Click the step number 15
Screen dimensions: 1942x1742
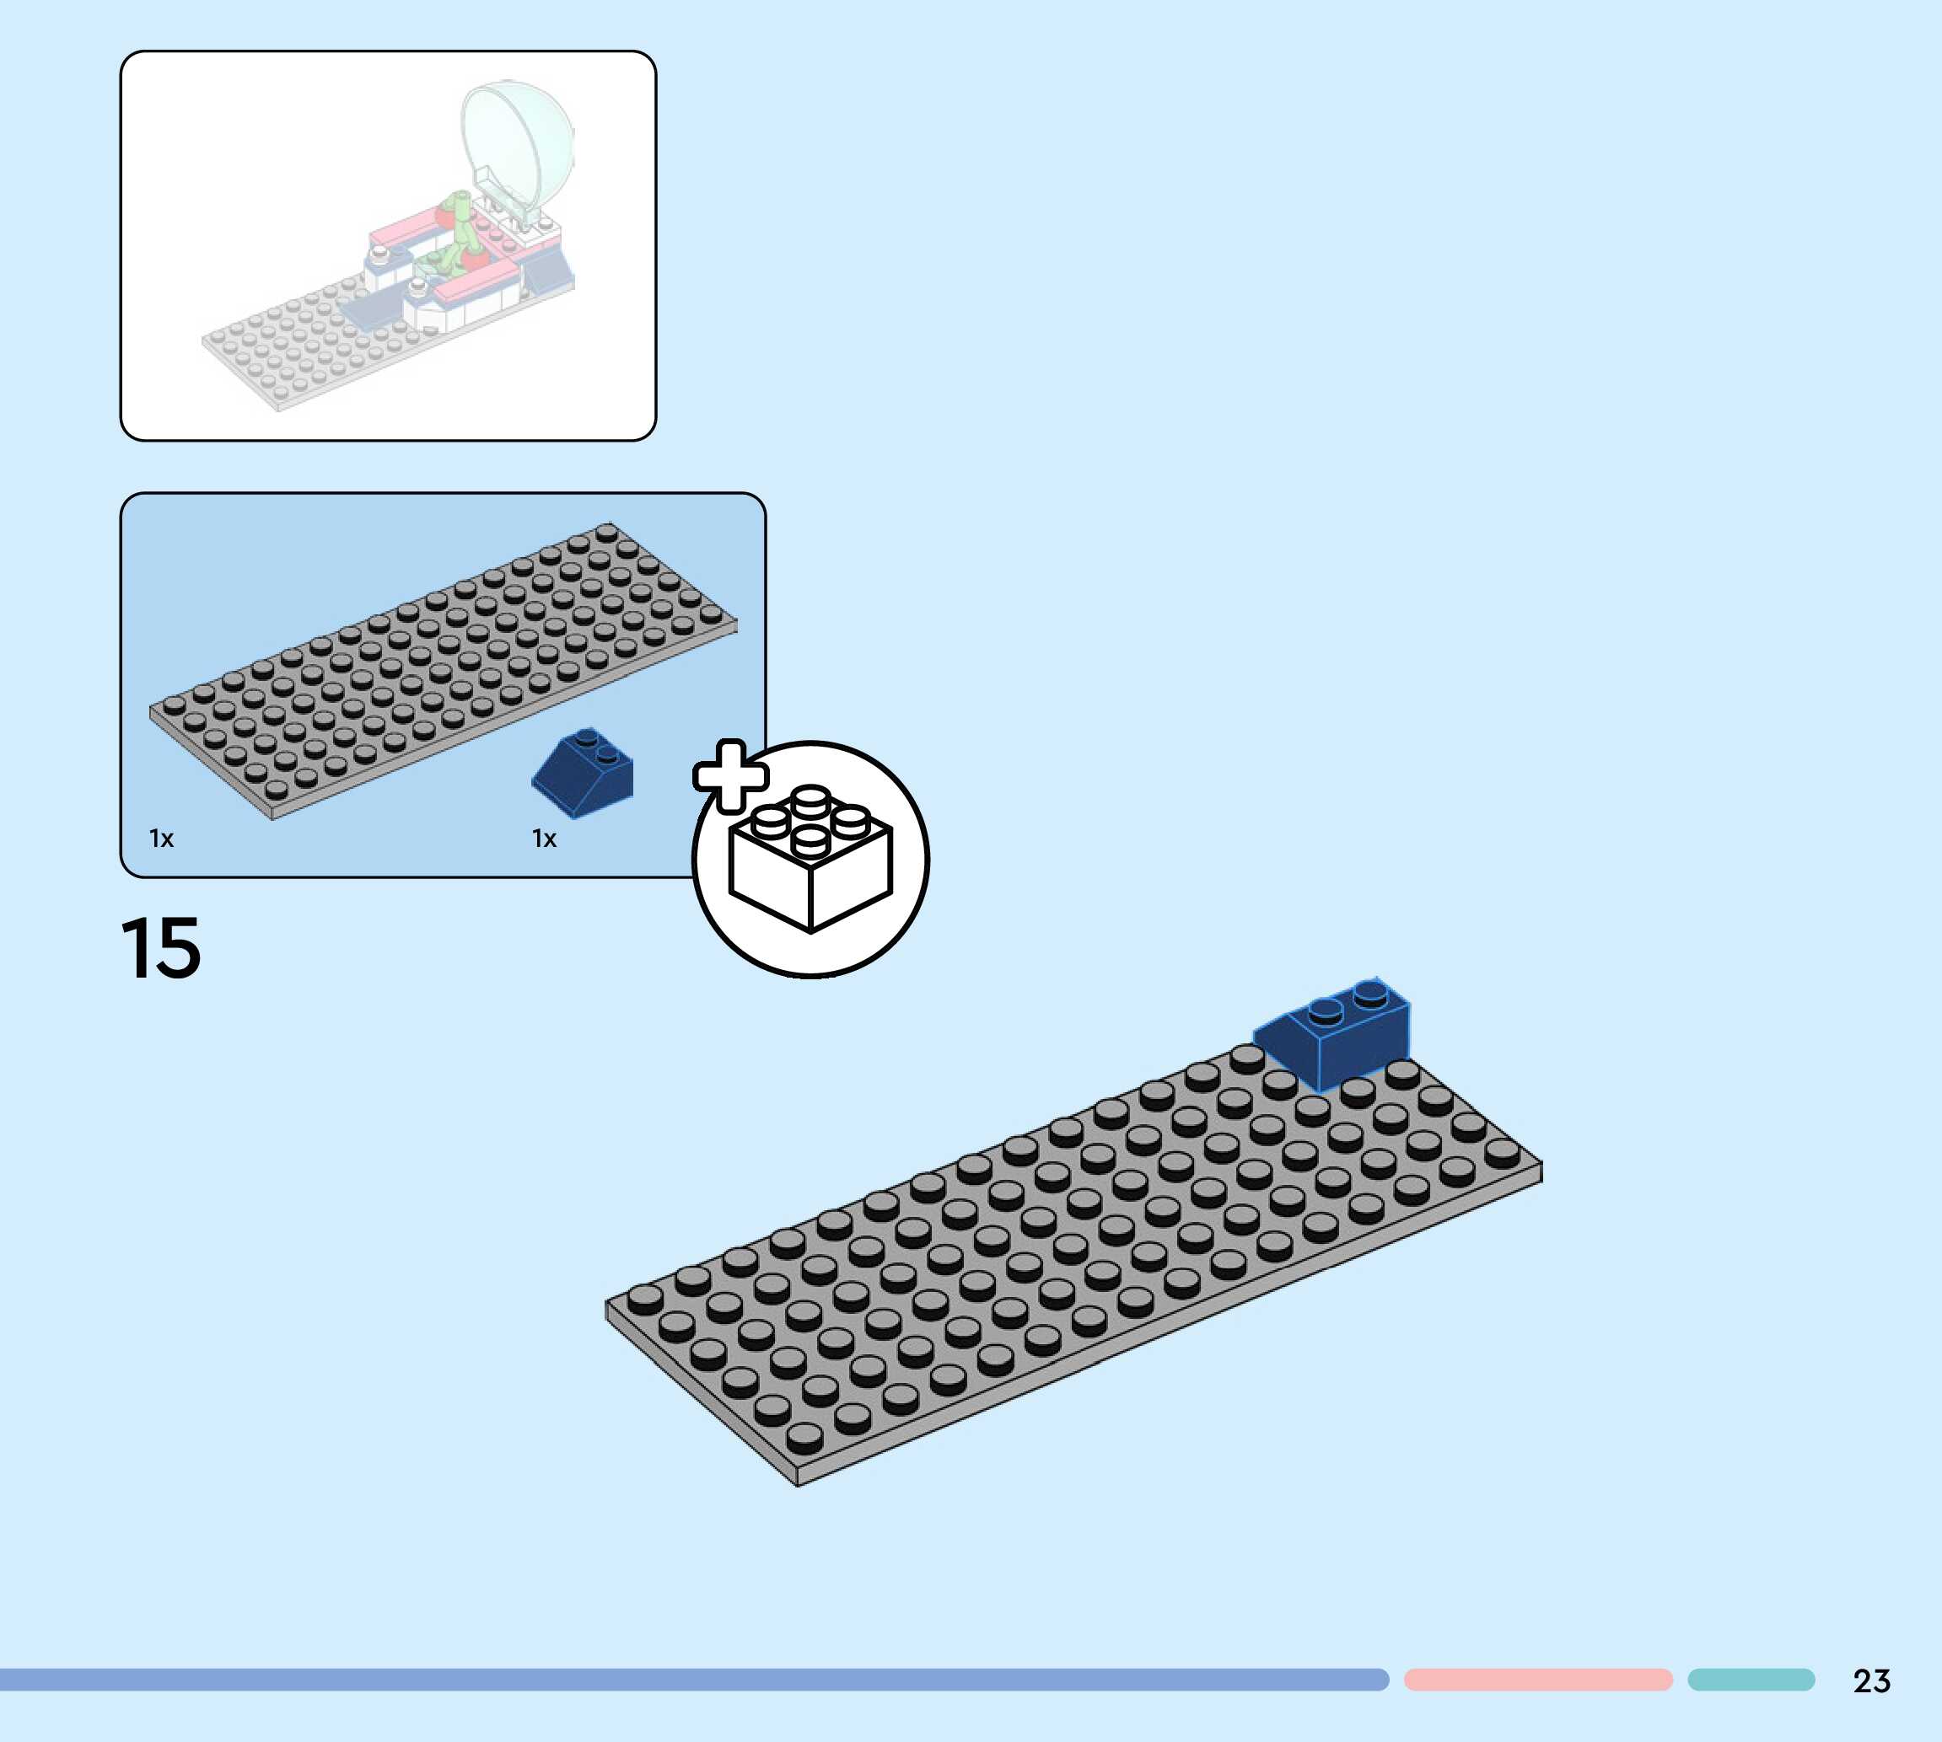point(161,947)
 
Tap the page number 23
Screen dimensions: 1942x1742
point(1871,1680)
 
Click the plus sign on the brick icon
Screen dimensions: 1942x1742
point(730,775)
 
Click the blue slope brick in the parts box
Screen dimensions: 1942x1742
point(584,774)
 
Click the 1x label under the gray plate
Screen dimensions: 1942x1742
point(162,839)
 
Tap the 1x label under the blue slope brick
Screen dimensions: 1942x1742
point(544,839)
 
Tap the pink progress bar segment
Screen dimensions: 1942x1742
point(1538,1680)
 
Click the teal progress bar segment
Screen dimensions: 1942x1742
point(1751,1680)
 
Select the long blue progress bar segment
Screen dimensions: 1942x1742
point(690,1680)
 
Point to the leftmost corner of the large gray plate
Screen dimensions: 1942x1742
point(607,1304)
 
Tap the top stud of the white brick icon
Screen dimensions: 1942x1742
point(810,797)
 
